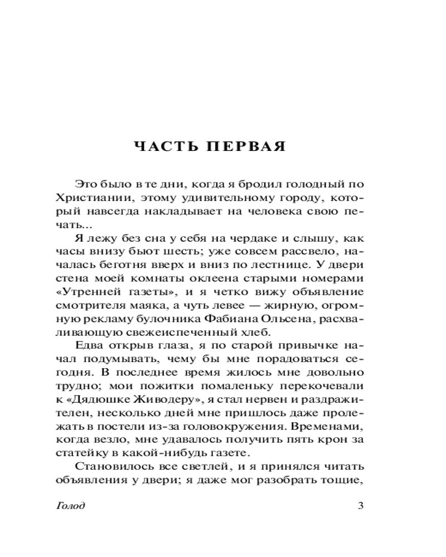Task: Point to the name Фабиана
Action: (x=235, y=319)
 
